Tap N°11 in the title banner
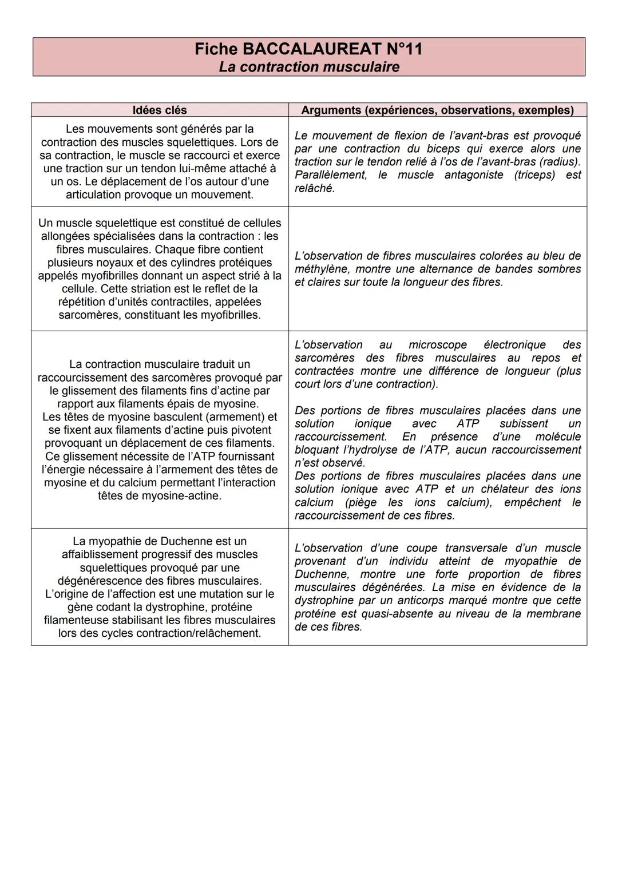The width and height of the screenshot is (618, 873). (x=403, y=49)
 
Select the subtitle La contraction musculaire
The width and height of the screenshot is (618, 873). (x=309, y=67)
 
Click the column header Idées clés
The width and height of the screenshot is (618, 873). (x=160, y=110)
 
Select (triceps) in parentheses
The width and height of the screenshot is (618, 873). (x=534, y=175)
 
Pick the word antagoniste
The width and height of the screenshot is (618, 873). (x=473, y=175)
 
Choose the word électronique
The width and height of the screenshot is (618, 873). (x=514, y=345)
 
